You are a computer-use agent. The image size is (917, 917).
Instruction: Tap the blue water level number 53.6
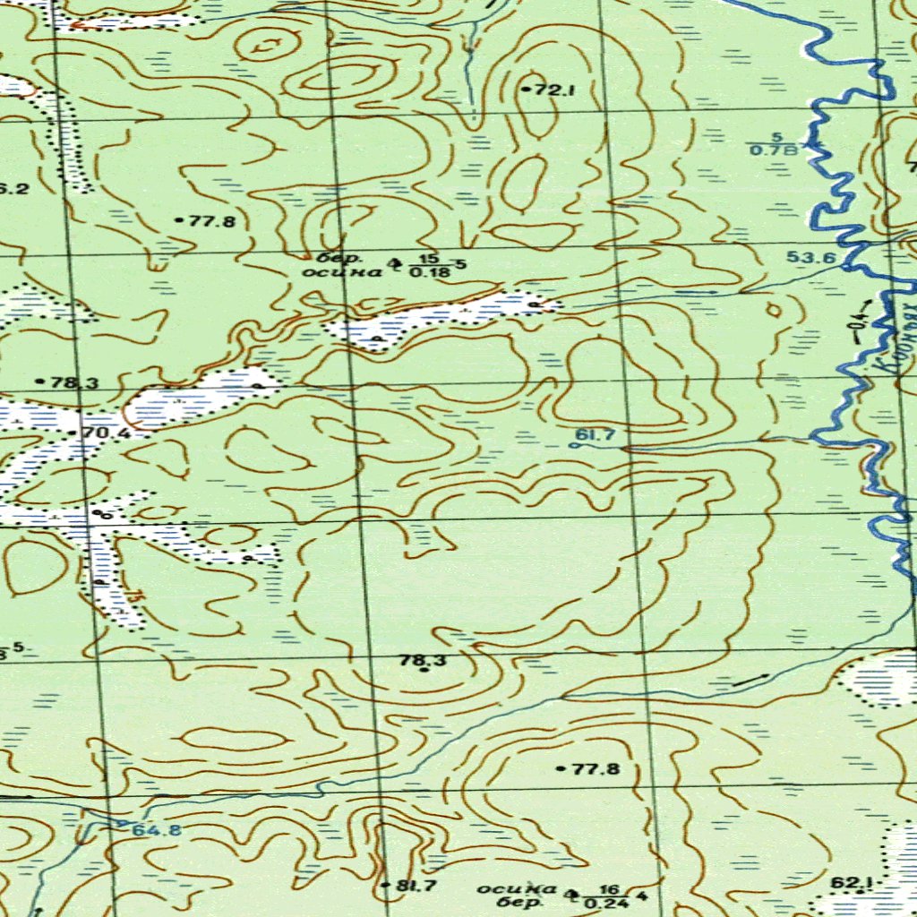[811, 258]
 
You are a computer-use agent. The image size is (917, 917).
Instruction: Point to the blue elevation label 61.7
[595, 435]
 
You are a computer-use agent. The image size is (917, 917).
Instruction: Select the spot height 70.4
[106, 433]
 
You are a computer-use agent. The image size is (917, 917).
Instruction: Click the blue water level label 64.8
[157, 830]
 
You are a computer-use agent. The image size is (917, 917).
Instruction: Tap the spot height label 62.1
[845, 883]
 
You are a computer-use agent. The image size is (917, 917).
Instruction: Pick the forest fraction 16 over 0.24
[612, 896]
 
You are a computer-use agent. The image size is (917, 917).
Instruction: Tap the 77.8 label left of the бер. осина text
[211, 220]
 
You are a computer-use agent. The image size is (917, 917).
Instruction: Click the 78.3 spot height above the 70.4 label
[74, 382]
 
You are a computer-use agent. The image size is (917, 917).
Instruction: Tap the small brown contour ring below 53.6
[774, 311]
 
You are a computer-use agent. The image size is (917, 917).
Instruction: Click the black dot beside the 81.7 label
[385, 886]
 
